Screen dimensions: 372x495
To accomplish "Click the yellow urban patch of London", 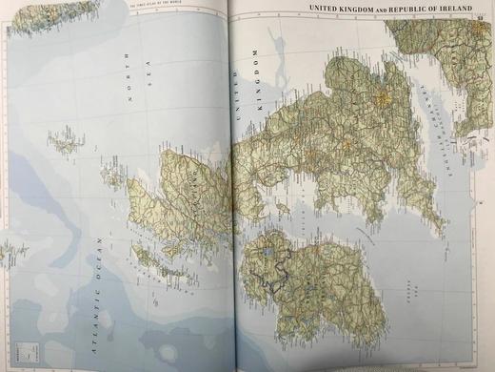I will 384,96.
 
